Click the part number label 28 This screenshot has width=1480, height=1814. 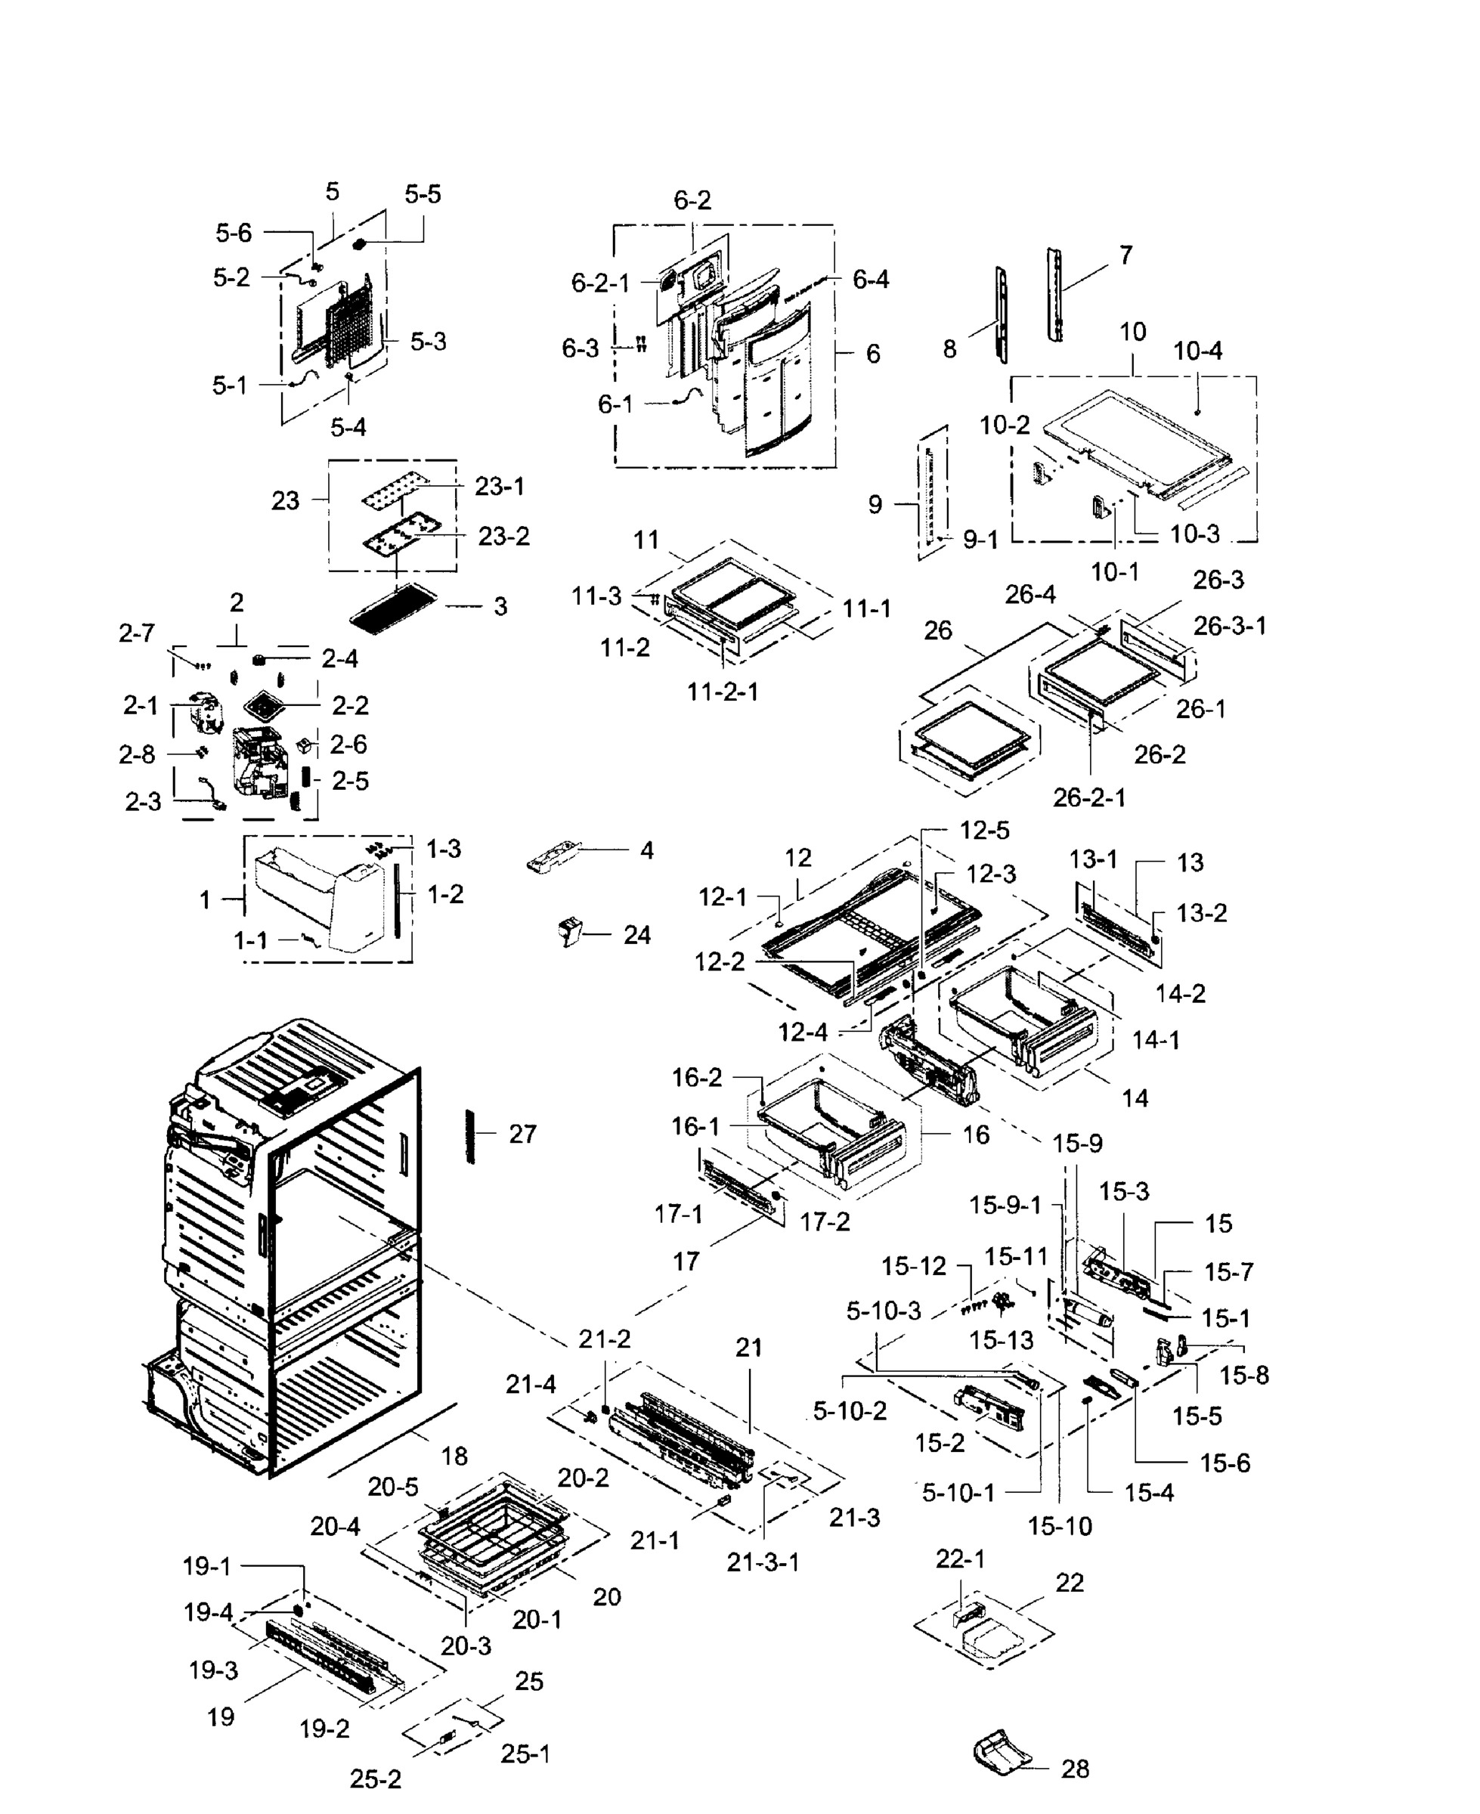[x=1075, y=1769]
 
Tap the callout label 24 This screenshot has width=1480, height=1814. [x=637, y=935]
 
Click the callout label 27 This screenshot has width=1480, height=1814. [x=522, y=1134]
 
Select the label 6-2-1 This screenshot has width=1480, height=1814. [x=600, y=283]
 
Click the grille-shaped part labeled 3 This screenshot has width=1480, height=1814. [x=393, y=606]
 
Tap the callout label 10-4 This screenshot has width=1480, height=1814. [x=1198, y=351]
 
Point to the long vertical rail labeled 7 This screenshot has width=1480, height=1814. [x=1055, y=295]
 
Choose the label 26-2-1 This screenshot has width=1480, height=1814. [x=1088, y=798]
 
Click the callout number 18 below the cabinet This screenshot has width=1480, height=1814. [x=454, y=1456]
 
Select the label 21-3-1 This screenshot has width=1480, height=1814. [x=763, y=1562]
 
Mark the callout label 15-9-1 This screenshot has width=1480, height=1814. [x=1005, y=1205]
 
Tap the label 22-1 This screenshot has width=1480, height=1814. [x=960, y=1559]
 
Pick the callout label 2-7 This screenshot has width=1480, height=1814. [x=136, y=633]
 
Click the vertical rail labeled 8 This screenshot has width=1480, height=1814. [x=1001, y=313]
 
